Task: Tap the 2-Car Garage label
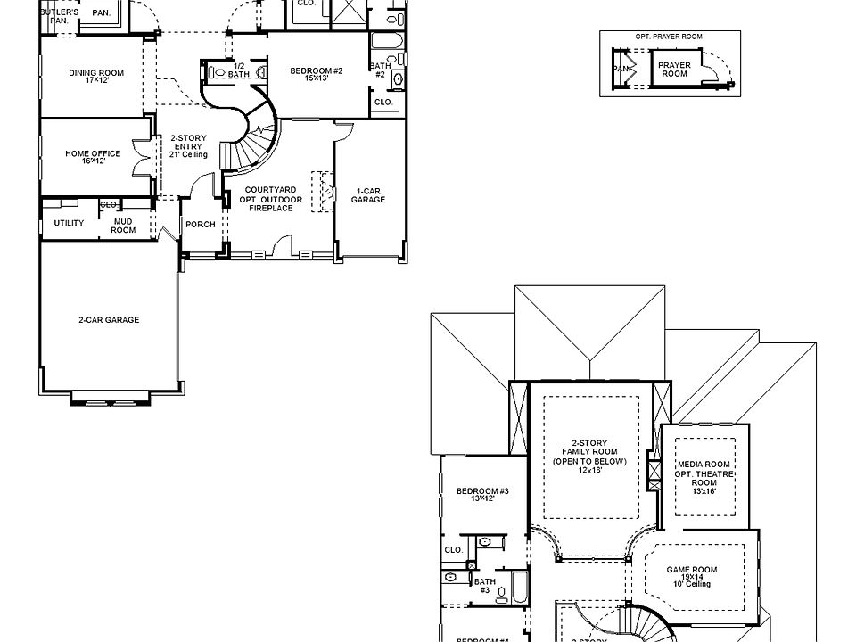pyautogui.click(x=109, y=320)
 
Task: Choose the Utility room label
pyautogui.click(x=69, y=223)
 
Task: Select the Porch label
pyautogui.click(x=200, y=224)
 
